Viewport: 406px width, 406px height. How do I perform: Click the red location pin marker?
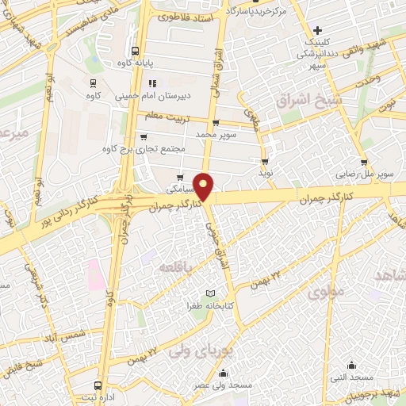click(205, 186)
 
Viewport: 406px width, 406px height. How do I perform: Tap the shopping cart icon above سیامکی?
click(181, 178)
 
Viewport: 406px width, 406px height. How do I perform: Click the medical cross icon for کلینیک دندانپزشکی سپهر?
click(317, 30)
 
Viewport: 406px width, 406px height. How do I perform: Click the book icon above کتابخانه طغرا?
click(210, 293)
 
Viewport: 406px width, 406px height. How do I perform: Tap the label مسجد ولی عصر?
click(226, 385)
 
